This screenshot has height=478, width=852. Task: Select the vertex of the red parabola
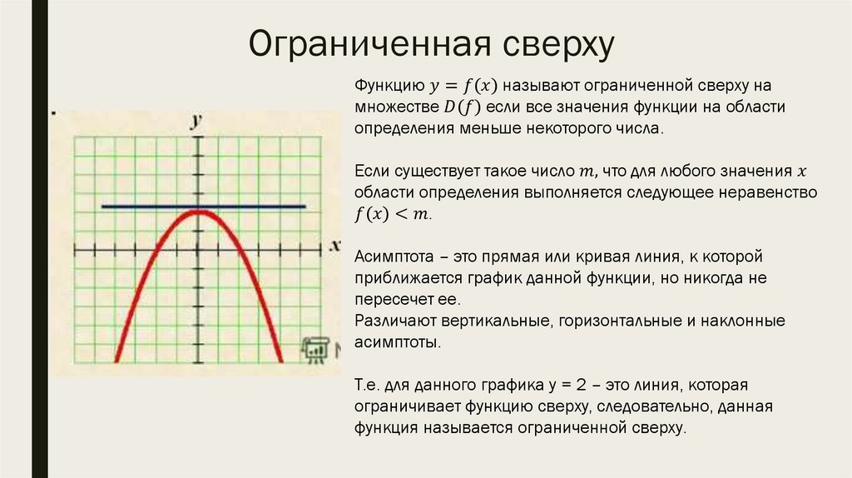pyautogui.click(x=198, y=212)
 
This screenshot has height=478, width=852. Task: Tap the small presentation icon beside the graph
pyautogui.click(x=315, y=350)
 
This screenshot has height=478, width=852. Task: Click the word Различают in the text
pyautogui.click(x=389, y=321)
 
